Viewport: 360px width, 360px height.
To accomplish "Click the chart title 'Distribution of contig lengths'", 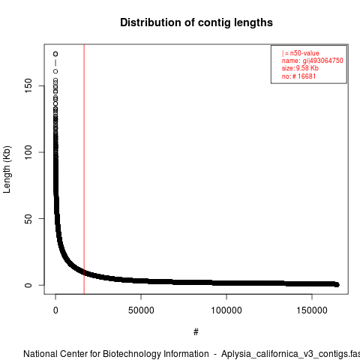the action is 196,22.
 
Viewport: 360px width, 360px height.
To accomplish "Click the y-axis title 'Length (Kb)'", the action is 7,169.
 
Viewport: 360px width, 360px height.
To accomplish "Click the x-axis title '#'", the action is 196,332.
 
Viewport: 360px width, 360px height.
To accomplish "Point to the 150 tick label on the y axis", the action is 28,85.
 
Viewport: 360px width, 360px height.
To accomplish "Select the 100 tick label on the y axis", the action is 28,152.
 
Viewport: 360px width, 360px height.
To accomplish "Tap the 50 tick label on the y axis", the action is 28,218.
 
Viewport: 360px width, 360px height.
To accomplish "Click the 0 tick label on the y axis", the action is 28,285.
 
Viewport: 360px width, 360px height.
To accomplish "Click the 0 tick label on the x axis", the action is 55,310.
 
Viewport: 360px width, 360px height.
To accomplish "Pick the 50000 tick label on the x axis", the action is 141,310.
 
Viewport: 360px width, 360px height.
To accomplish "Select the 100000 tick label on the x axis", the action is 226,310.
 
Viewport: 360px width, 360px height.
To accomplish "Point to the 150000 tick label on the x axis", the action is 312,310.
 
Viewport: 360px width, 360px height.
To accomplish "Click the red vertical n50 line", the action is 84,169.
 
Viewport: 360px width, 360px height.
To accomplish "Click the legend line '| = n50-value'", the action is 301,53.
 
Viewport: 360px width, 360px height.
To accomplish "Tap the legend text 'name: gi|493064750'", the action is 313,61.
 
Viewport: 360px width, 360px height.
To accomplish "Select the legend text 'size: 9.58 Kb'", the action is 300,68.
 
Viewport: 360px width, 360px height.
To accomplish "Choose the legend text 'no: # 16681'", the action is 299,76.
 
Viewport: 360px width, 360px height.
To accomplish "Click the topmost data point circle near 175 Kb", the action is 55,54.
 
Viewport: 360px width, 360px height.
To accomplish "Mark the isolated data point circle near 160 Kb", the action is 55,71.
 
